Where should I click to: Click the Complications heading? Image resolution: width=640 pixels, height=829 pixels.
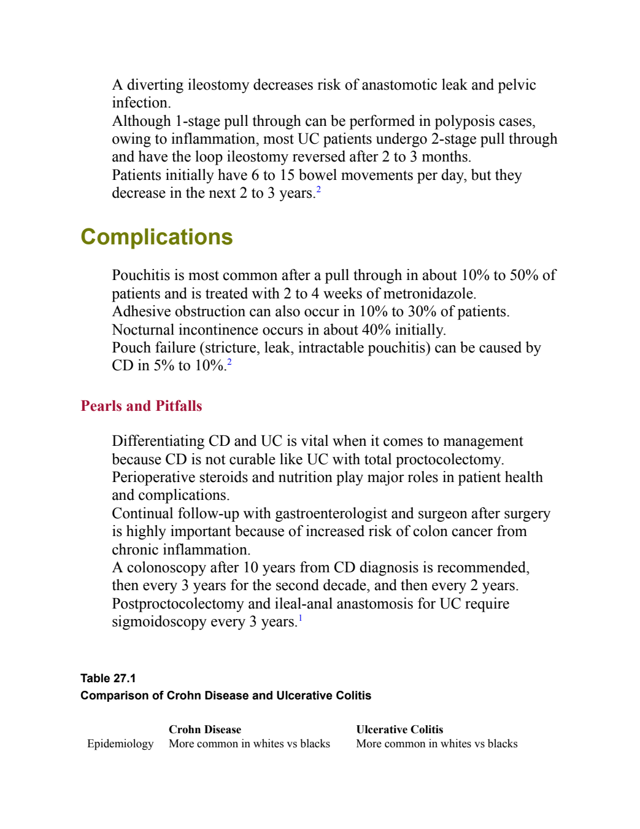(x=156, y=237)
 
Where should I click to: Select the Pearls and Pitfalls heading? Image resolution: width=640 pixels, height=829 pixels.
(x=141, y=406)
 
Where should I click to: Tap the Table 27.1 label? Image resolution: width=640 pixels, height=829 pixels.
(x=108, y=679)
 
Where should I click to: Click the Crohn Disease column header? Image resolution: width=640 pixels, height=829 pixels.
(x=205, y=730)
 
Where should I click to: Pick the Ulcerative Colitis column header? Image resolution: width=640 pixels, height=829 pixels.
(x=399, y=730)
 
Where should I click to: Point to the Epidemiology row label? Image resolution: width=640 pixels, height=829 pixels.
(x=120, y=744)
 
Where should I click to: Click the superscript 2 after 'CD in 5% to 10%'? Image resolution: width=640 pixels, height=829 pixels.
(x=229, y=362)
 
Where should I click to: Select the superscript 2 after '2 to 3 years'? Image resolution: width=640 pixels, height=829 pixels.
(x=318, y=189)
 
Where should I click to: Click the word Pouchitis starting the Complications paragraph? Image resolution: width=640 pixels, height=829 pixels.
(x=141, y=276)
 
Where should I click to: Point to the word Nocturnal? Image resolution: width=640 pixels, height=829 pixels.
(x=143, y=330)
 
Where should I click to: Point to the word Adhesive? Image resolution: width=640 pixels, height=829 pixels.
(x=141, y=312)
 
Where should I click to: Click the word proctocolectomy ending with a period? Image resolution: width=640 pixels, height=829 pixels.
(x=450, y=460)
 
